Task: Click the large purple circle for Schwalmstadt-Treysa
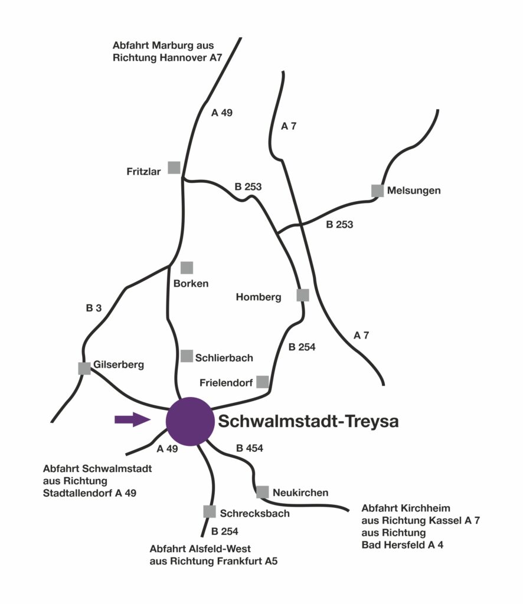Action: tap(189, 421)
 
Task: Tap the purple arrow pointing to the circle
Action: tap(132, 419)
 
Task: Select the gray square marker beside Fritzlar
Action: tap(174, 168)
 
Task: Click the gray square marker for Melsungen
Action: tap(377, 191)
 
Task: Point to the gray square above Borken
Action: tap(187, 268)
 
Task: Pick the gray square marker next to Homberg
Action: tap(302, 295)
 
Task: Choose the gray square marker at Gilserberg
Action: tap(84, 368)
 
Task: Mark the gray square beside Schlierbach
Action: tap(187, 356)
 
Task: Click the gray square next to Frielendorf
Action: tap(262, 382)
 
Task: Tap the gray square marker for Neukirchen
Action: tap(263, 491)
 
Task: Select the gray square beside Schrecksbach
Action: tap(209, 511)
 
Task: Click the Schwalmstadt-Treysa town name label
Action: tap(308, 422)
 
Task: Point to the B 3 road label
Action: tap(94, 307)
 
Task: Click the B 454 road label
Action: tap(249, 449)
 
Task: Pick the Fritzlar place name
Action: tap(144, 172)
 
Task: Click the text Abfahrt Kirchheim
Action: tap(406, 508)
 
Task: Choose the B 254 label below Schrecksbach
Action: tap(224, 531)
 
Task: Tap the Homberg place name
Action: tap(259, 297)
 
